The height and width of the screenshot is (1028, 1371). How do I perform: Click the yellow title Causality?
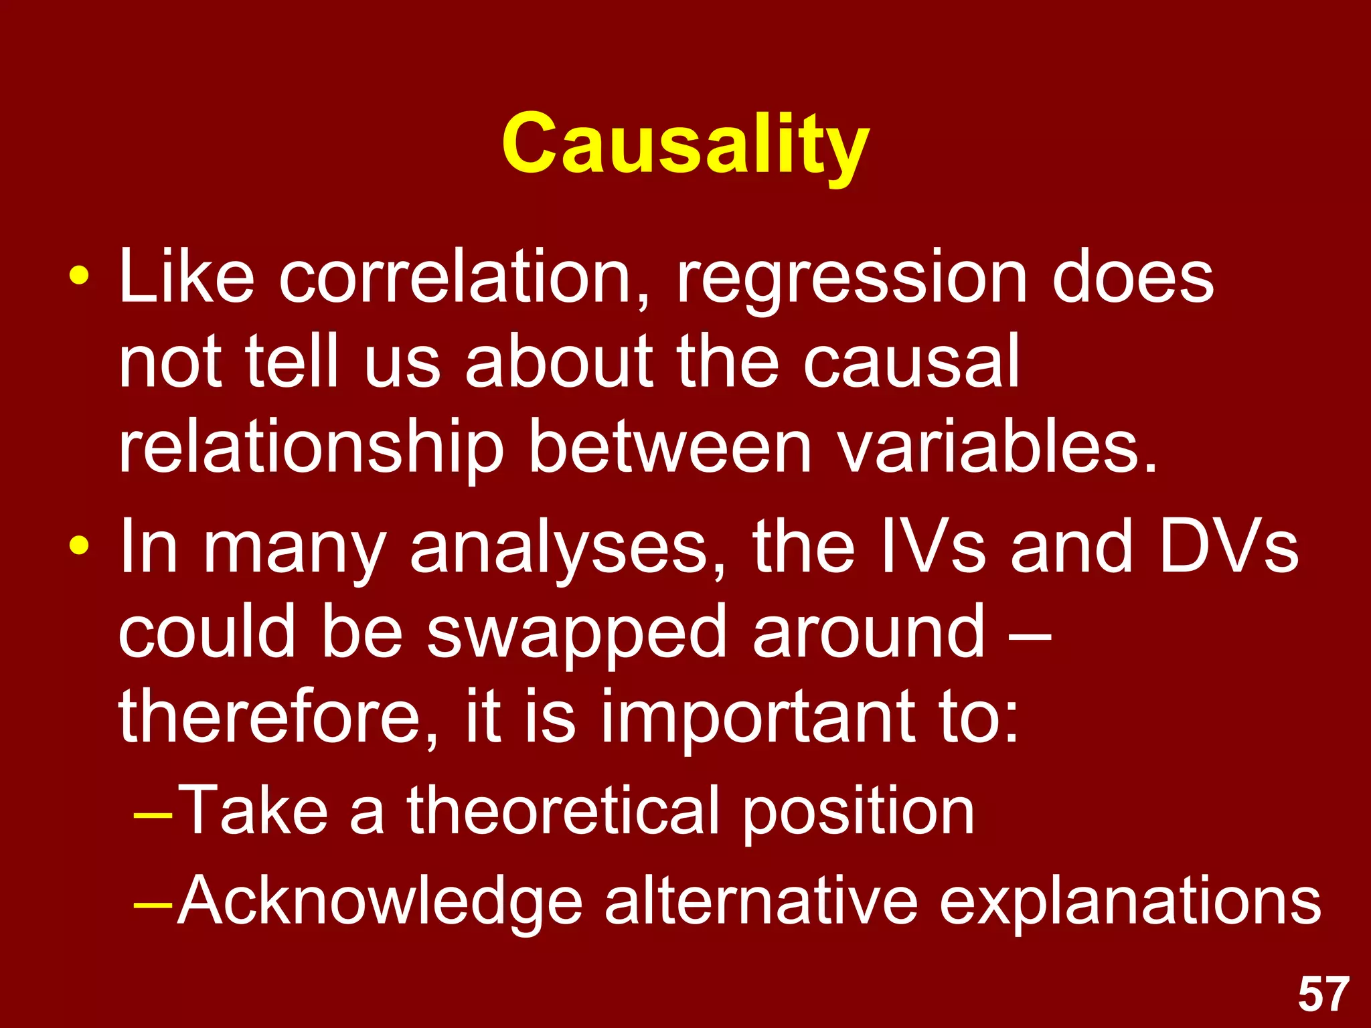(x=685, y=144)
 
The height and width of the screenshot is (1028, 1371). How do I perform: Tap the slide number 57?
(x=1323, y=995)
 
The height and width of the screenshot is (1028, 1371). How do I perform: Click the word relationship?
(x=311, y=447)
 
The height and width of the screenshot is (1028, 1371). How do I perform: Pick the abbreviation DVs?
(x=1228, y=547)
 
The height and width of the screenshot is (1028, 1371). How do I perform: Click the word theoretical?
(x=564, y=811)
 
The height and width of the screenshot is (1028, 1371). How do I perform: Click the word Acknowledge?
(x=380, y=902)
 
